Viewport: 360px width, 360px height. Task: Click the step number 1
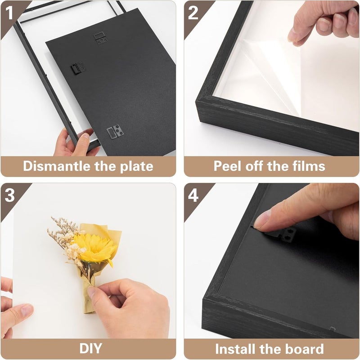9,13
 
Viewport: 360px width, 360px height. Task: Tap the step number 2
193,13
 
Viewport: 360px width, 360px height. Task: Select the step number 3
9,196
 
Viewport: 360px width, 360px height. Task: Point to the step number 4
193,196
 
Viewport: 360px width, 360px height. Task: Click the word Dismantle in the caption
57,166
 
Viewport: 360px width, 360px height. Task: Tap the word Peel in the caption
228,166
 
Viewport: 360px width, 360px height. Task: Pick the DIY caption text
90,348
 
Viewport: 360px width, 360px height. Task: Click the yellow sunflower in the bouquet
94,248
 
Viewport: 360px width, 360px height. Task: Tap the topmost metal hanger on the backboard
100,38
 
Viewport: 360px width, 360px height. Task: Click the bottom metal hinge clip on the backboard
114,132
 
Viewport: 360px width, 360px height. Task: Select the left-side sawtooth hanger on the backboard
78,68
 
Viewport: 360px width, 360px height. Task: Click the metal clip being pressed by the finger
284,234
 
